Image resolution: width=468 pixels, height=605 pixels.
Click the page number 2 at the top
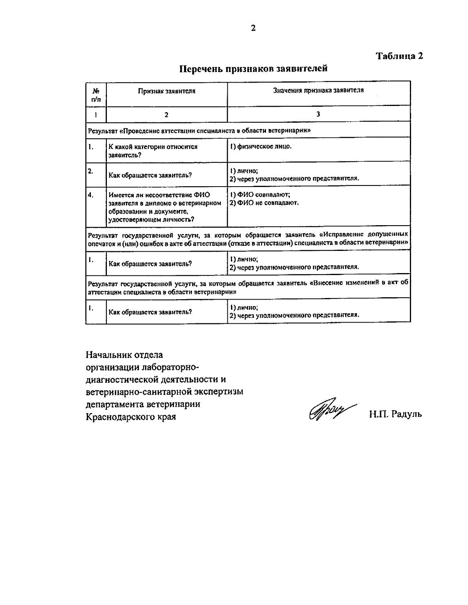tap(253, 28)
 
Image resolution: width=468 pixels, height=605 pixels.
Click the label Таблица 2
tap(399, 56)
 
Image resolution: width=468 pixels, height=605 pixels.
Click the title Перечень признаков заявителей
tap(253, 69)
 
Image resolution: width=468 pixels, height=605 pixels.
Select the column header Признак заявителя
tap(167, 91)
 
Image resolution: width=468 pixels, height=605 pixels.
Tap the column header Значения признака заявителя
tap(318, 90)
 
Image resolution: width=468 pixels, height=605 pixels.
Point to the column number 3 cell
tap(318, 114)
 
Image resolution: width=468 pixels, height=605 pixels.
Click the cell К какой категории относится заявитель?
tap(153, 151)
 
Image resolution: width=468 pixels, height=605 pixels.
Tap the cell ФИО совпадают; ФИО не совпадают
tap(264, 199)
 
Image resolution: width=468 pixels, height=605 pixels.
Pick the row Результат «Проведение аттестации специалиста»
tap(199, 131)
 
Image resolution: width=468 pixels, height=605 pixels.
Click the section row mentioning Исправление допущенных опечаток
tap(248, 238)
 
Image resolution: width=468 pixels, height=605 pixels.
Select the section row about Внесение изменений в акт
tap(248, 287)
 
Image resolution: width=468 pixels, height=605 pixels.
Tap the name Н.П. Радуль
tap(395, 414)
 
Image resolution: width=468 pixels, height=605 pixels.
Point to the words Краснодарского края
tap(131, 417)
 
